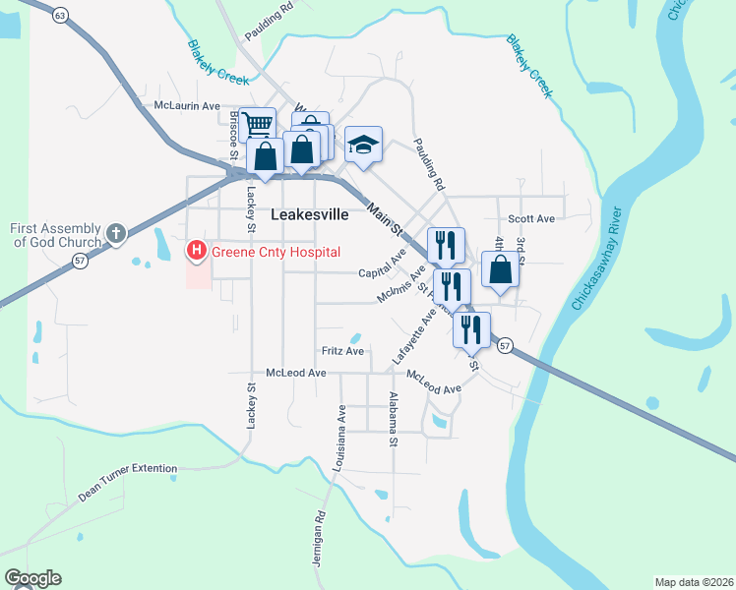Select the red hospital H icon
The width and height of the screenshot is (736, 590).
(x=196, y=252)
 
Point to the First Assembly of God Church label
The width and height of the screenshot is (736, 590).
(x=55, y=235)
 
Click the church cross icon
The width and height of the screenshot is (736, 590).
(x=116, y=234)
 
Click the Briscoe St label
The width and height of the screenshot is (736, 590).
(x=234, y=135)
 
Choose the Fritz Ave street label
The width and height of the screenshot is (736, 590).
(x=342, y=351)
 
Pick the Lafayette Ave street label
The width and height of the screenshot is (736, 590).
(x=413, y=336)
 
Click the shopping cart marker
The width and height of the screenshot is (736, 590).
(x=257, y=125)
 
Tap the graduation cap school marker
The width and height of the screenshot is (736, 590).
(x=363, y=146)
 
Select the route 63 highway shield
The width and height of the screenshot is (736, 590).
(x=61, y=16)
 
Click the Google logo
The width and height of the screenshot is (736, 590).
(x=32, y=578)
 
